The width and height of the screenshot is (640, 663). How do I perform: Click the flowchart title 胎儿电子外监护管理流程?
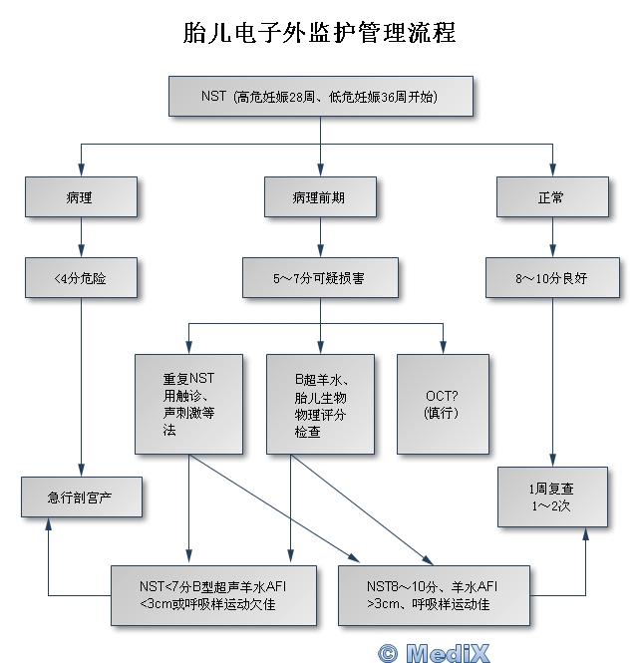[320, 33]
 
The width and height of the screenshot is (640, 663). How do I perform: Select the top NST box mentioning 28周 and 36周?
[320, 98]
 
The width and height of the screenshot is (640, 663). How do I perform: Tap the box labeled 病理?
[81, 197]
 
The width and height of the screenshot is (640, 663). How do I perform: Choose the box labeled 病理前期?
[320, 197]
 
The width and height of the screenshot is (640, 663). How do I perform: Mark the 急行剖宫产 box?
[81, 497]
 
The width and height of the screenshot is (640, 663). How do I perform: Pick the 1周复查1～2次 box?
[552, 497]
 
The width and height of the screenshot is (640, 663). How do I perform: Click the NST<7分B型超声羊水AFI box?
[213, 593]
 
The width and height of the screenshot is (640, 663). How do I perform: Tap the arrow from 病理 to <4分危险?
[81, 237]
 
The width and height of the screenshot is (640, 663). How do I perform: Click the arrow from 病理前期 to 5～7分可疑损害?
[320, 237]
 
